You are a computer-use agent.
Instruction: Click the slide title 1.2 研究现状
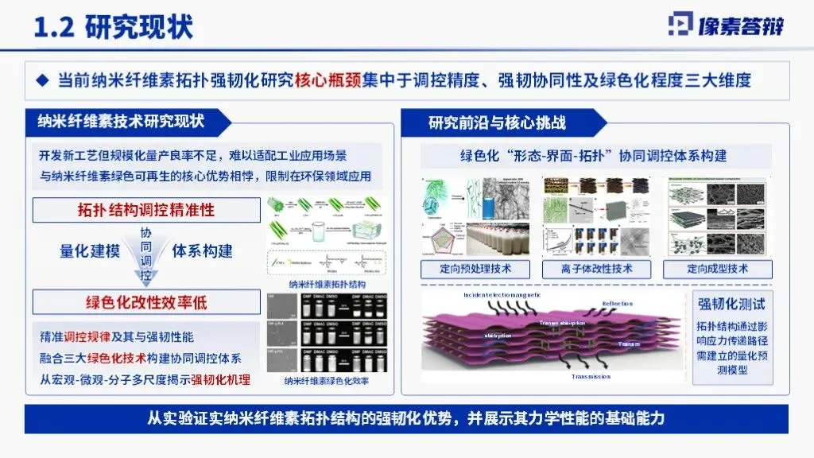click(x=112, y=28)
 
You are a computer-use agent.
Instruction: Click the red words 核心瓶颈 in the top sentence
click(x=328, y=80)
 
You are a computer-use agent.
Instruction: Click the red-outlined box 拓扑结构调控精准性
click(x=147, y=211)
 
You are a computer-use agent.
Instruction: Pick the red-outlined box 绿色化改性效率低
click(x=147, y=302)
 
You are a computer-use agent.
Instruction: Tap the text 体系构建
click(x=203, y=251)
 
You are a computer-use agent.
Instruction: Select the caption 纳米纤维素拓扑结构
click(x=327, y=284)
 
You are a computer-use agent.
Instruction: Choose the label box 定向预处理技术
click(x=476, y=269)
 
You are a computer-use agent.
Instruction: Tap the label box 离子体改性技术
click(x=596, y=269)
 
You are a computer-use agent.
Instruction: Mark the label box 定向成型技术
click(x=717, y=269)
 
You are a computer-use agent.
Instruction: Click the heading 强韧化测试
click(x=731, y=303)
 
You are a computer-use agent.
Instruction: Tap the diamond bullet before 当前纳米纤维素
click(x=45, y=80)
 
